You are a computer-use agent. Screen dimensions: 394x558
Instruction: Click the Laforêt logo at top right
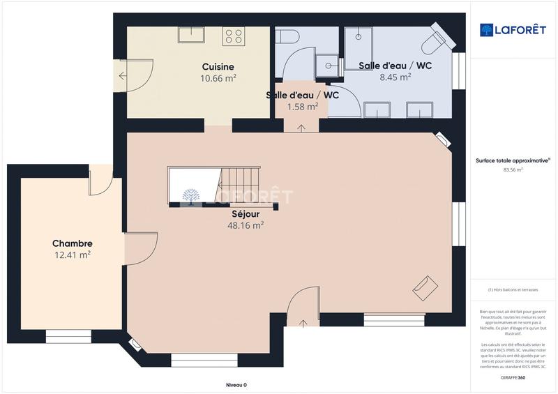(513, 29)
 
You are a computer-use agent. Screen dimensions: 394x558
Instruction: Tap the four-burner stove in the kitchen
(234, 36)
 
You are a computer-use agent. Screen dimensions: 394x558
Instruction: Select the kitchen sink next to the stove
(190, 35)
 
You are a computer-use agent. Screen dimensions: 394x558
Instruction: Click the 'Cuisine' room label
(218, 67)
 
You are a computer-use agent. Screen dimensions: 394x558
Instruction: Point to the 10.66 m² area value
(218, 79)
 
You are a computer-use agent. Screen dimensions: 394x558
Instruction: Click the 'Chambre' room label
(73, 243)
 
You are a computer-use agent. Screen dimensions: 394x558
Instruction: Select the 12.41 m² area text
(73, 255)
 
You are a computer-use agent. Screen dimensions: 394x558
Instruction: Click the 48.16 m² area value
(246, 226)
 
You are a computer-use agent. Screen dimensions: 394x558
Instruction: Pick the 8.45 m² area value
(395, 77)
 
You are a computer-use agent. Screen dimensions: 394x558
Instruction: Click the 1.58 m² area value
(303, 107)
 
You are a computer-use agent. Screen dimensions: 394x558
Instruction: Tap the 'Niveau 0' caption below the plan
(236, 385)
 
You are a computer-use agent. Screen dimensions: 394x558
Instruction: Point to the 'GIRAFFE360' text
(513, 377)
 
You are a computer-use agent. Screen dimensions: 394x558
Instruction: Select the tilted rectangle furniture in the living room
(425, 288)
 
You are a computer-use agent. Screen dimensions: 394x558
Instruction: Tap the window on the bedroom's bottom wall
(68, 337)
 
